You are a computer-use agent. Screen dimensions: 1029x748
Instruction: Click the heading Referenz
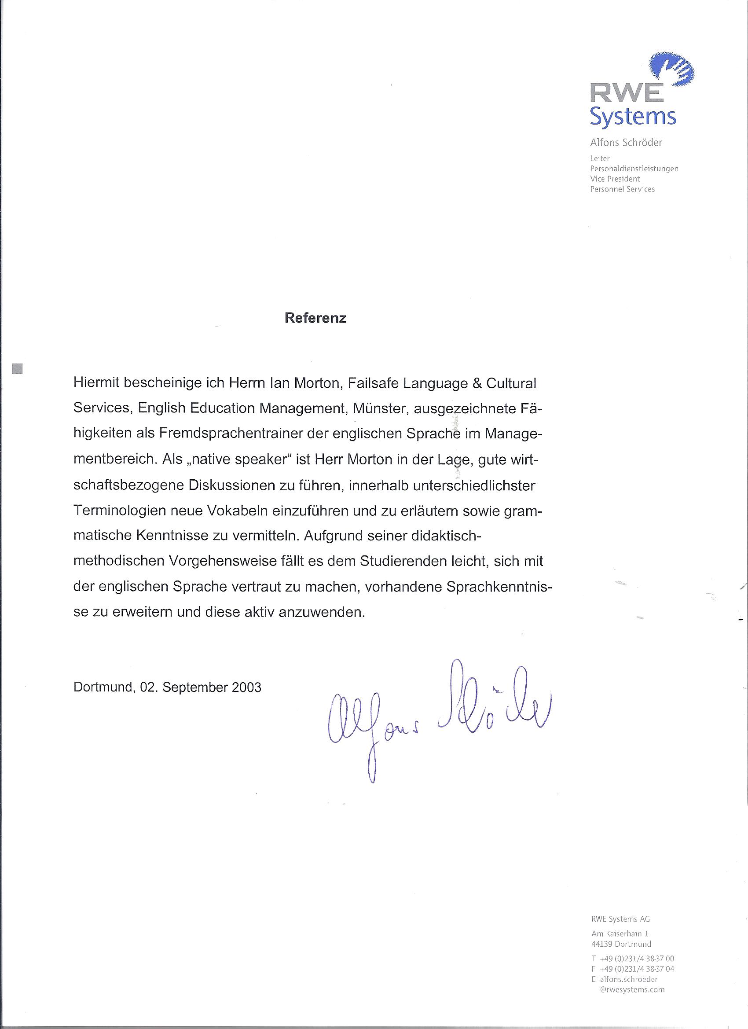315,318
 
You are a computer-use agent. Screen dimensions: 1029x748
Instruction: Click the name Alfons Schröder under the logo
626,143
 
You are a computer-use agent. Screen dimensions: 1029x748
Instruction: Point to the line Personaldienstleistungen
634,169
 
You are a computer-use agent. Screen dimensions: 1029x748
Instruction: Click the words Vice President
615,179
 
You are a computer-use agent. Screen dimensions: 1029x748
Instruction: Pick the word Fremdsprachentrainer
231,434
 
